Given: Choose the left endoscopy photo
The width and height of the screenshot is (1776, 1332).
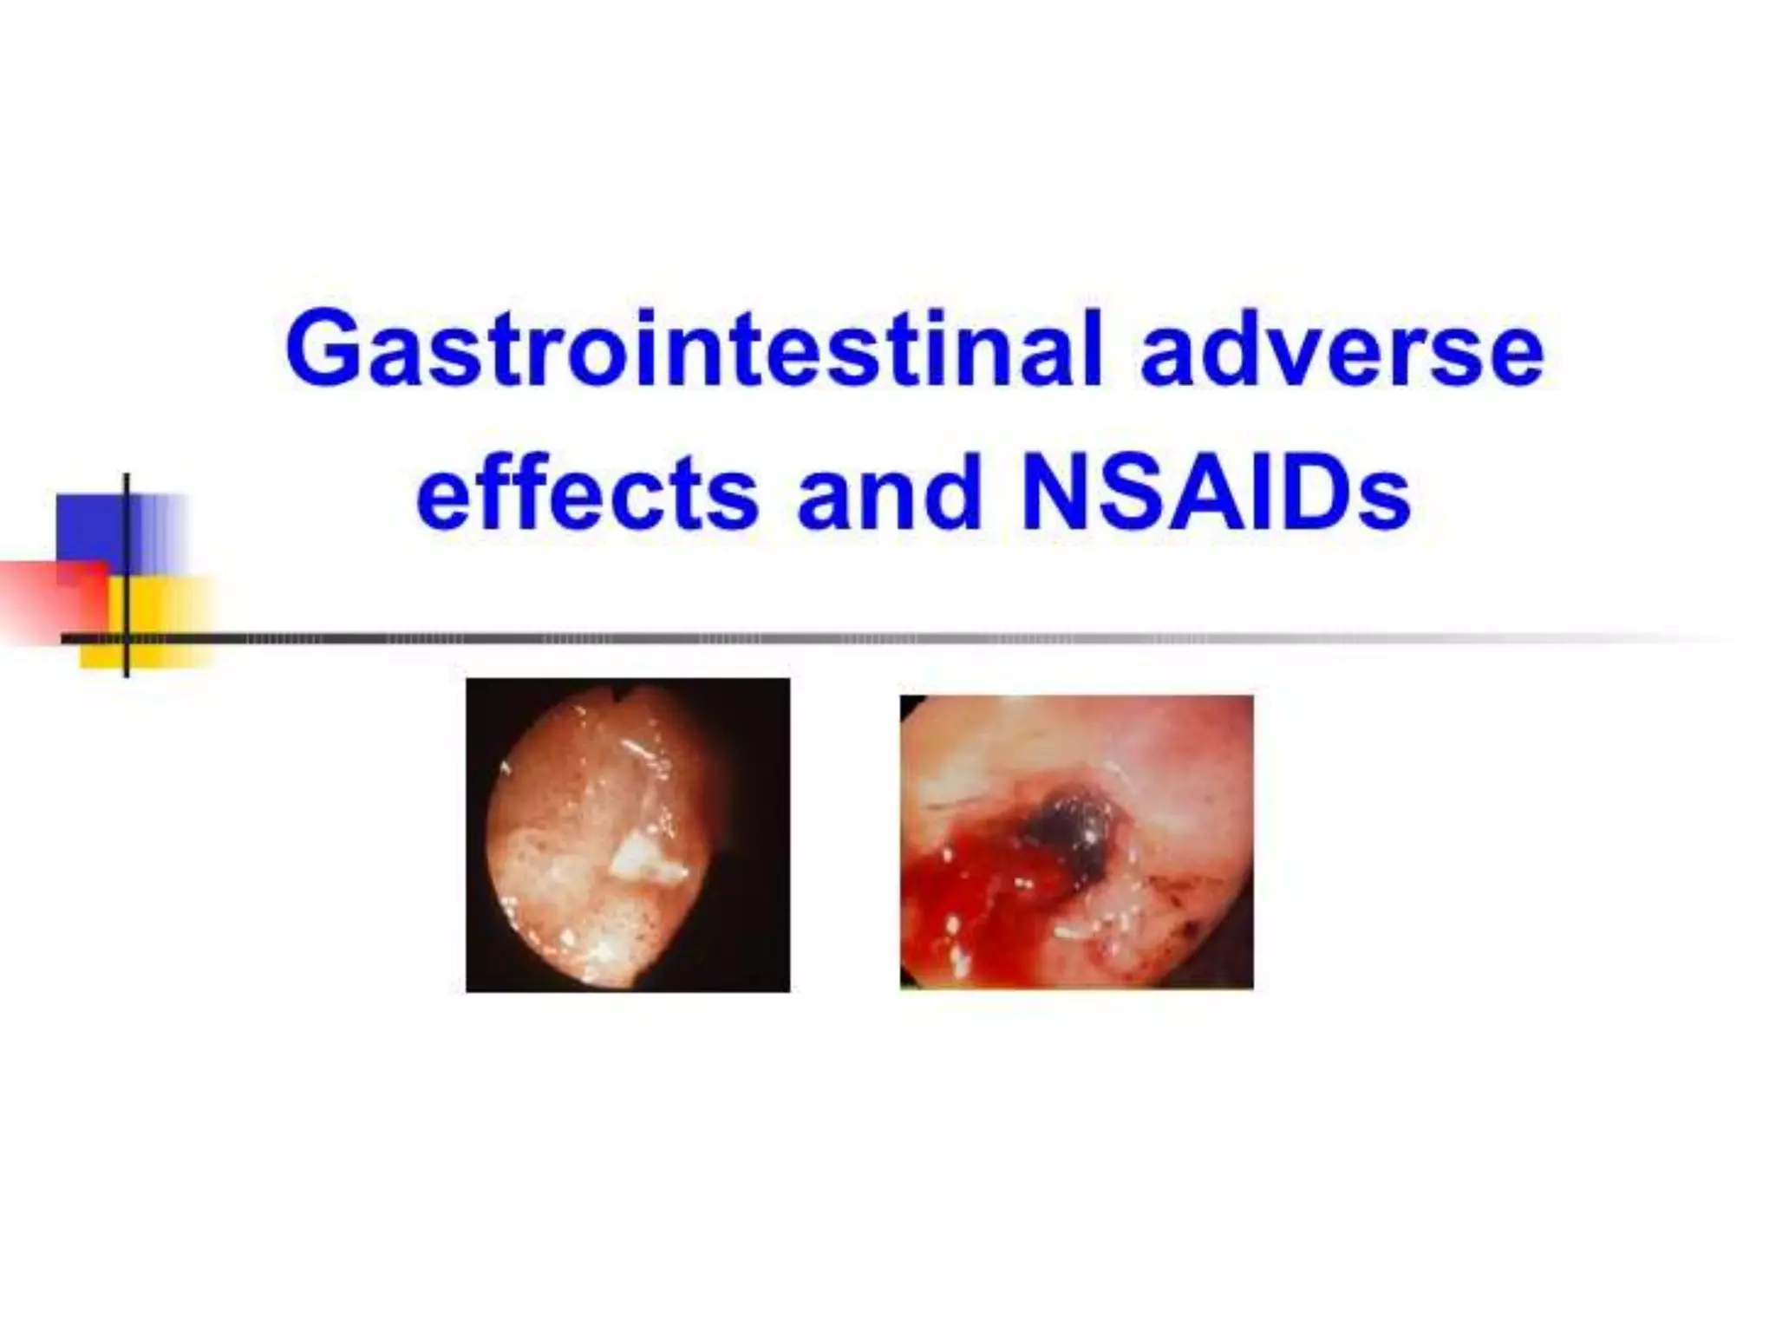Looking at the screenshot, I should point(627,834).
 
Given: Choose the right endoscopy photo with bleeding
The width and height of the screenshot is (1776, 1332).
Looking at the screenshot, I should point(1075,841).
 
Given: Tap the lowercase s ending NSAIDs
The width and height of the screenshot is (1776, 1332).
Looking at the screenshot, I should point(1387,507).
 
